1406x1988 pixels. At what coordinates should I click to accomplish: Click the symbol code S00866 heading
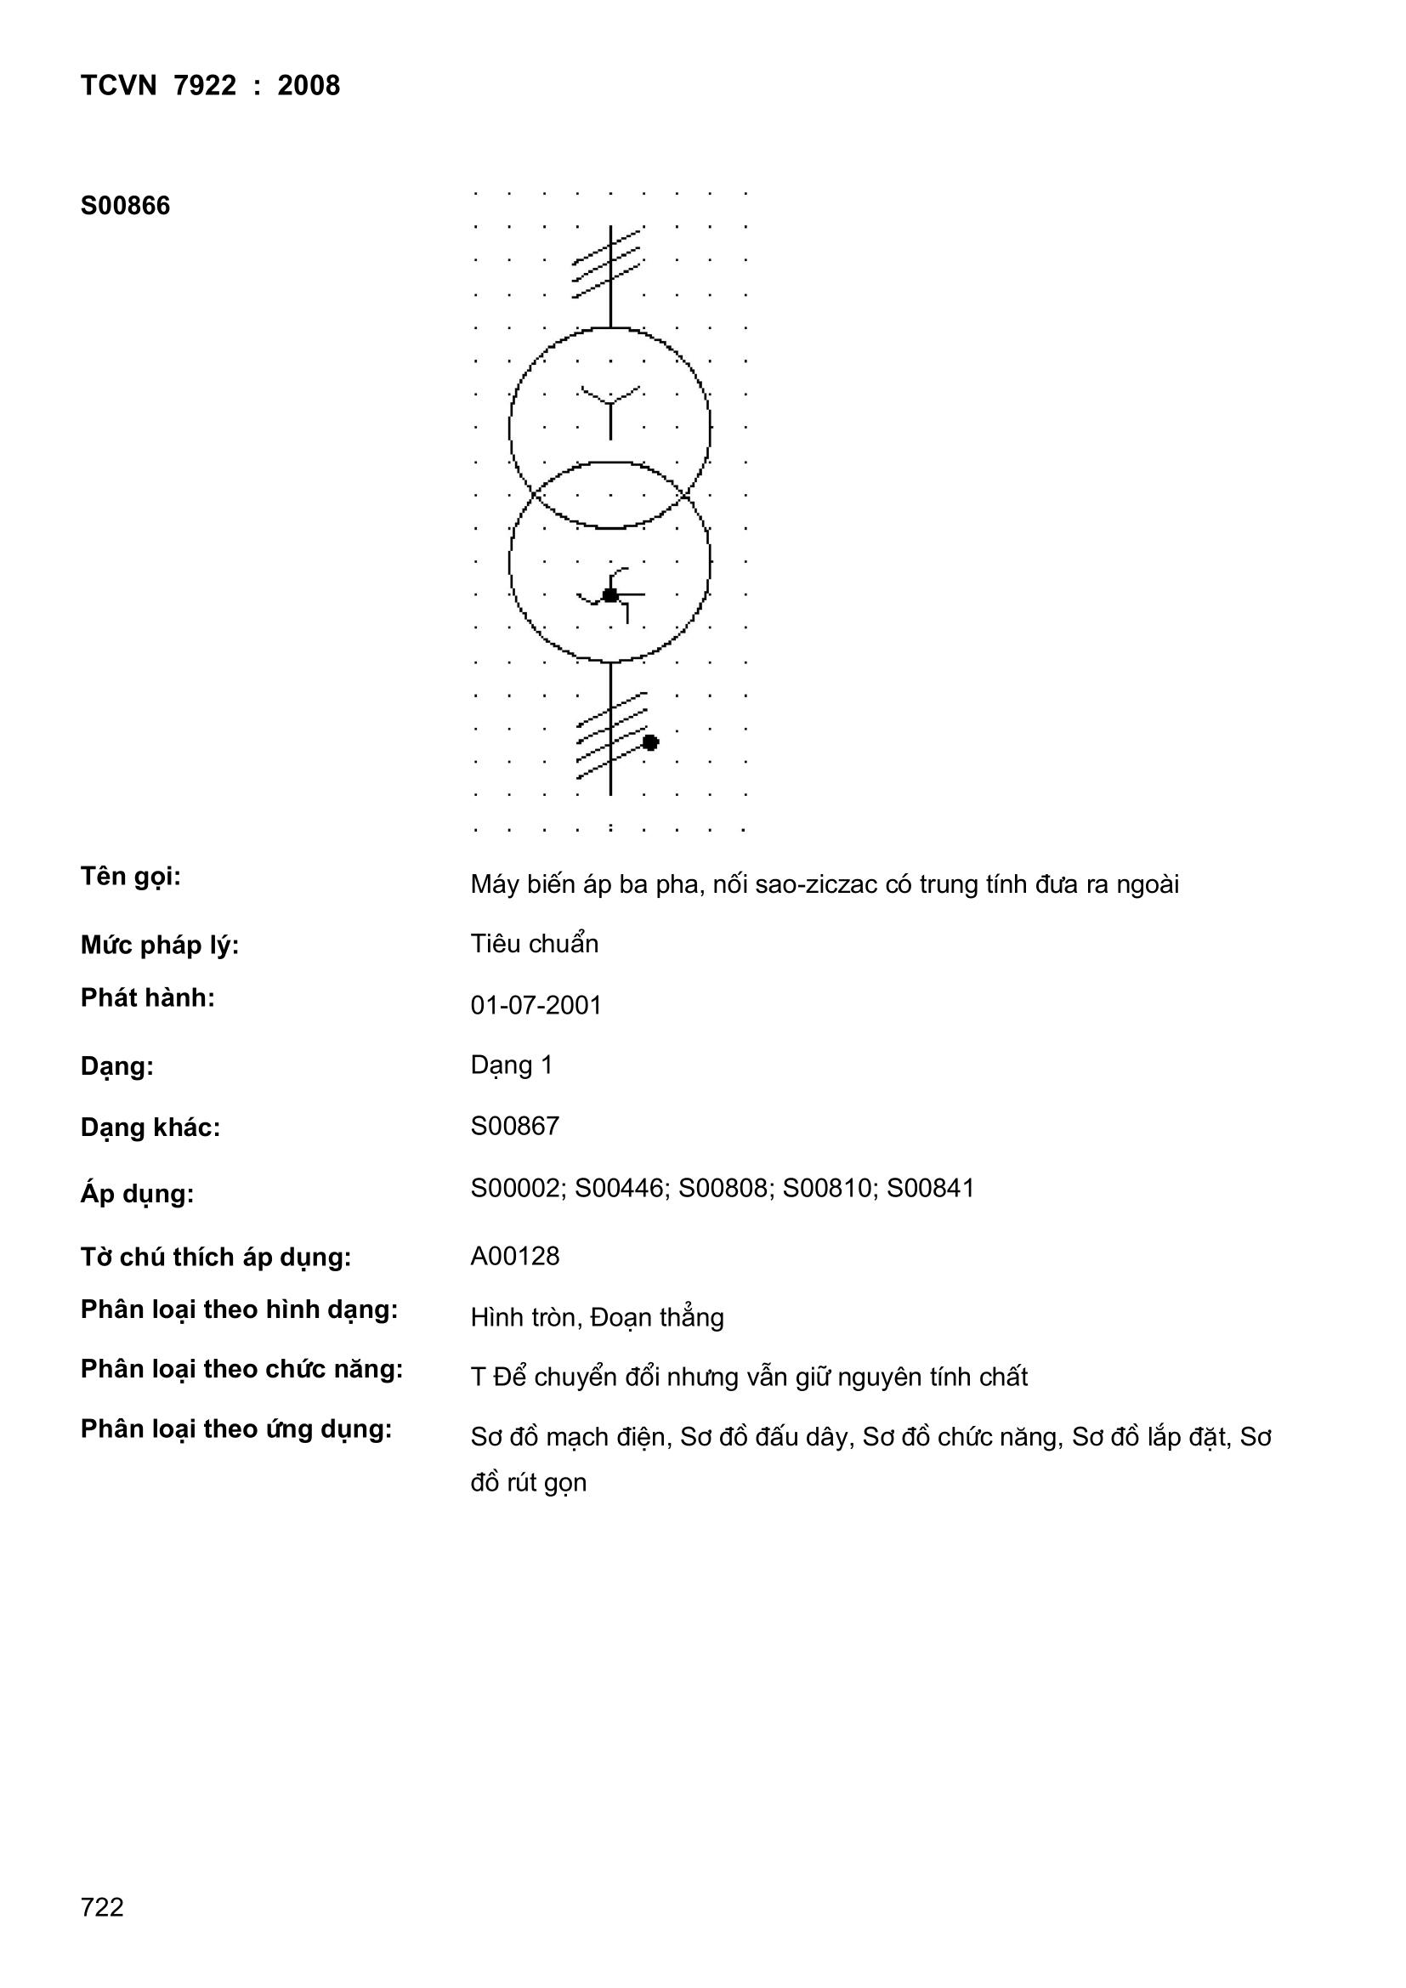(x=125, y=206)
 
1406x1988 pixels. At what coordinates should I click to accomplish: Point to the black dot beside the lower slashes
(x=650, y=742)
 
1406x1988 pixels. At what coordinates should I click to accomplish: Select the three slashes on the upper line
(x=608, y=264)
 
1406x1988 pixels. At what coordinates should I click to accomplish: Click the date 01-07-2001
(x=535, y=1005)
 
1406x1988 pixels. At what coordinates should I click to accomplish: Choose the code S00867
(x=514, y=1126)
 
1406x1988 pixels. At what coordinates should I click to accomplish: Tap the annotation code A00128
(x=514, y=1257)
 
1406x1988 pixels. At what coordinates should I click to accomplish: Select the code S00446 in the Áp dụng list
(x=621, y=1188)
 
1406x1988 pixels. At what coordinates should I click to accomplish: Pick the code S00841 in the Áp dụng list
(x=931, y=1188)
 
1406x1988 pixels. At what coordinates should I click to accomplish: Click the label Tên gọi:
(x=131, y=877)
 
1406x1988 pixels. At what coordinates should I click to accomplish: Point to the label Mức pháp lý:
(x=159, y=946)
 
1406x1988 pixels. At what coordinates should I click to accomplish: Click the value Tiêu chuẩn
(x=534, y=944)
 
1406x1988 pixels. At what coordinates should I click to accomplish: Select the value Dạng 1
(x=511, y=1065)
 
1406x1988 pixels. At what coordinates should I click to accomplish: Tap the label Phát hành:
(x=147, y=998)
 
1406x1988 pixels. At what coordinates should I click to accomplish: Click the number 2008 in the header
(x=309, y=86)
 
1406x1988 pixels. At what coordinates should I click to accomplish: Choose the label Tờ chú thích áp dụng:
(x=216, y=1258)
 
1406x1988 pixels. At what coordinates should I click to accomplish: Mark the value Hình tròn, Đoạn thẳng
(x=597, y=1318)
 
